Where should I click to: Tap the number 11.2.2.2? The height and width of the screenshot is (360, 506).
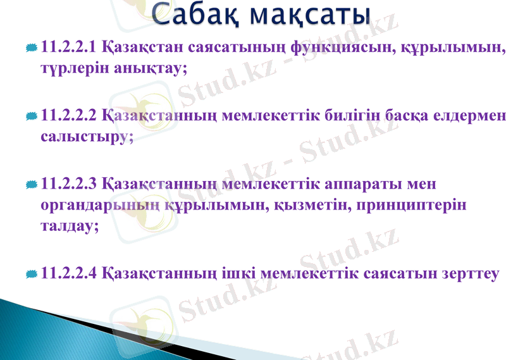69,116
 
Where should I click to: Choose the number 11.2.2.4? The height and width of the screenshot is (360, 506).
69,274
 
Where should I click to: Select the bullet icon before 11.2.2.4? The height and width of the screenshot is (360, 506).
32,275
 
